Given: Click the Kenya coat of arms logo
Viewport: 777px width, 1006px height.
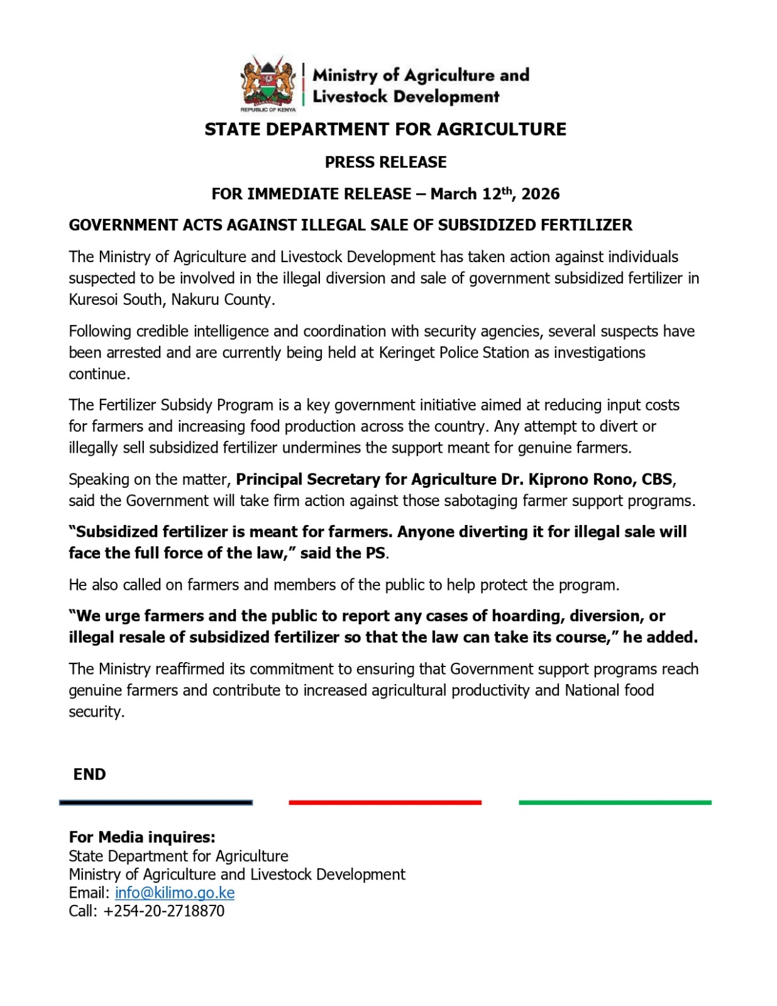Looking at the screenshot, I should click(268, 82).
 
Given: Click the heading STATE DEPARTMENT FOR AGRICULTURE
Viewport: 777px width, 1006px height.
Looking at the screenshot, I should click(385, 130).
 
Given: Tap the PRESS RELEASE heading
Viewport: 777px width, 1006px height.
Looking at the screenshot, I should click(385, 162).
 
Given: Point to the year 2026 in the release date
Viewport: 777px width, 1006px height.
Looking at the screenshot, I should click(540, 194).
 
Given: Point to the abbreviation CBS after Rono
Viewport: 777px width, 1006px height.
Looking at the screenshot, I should click(657, 479).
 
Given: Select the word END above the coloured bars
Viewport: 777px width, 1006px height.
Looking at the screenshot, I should click(89, 775).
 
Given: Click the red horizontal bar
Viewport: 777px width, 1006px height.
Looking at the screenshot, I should click(385, 802).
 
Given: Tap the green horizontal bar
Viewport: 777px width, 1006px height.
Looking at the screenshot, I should click(615, 802).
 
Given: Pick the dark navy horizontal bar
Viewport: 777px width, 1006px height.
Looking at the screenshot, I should click(156, 802).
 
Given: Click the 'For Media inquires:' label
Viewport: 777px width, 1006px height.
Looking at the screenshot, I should click(142, 837).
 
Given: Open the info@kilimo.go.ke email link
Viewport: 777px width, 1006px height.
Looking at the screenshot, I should click(175, 893).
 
